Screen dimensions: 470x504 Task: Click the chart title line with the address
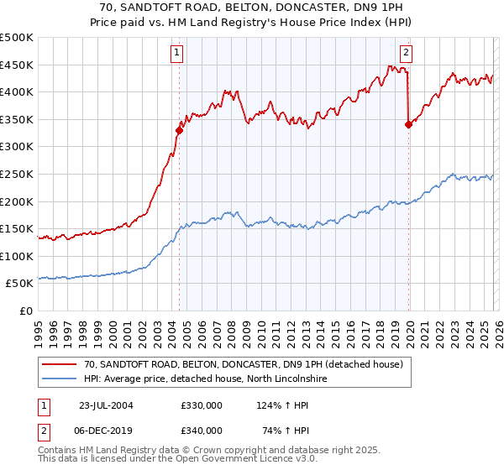(251, 6)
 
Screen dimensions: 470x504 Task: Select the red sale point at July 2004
(179, 130)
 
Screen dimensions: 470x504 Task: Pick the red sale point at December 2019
(408, 124)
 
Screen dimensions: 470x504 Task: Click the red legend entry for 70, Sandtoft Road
(244, 364)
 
